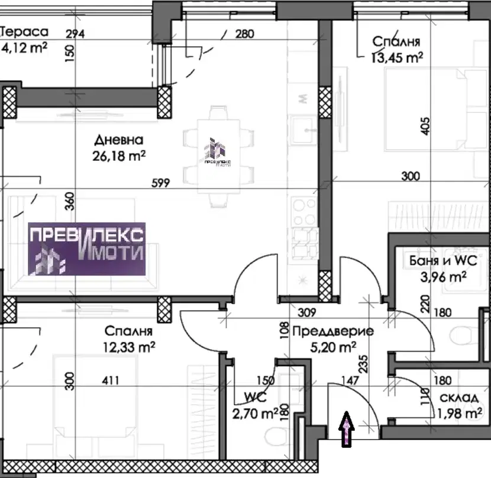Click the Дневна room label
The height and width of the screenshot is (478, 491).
pyautogui.click(x=119, y=140)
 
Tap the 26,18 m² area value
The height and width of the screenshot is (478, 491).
pyautogui.click(x=119, y=156)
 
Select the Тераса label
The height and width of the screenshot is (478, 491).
pyautogui.click(x=24, y=31)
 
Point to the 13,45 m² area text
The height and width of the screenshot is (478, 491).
pyautogui.click(x=397, y=57)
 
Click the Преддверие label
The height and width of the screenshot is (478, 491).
pyautogui.click(x=333, y=331)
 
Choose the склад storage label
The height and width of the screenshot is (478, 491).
pyautogui.click(x=459, y=398)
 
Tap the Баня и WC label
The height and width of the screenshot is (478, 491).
pyautogui.click(x=443, y=261)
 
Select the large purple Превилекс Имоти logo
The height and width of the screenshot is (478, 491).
pyautogui.click(x=87, y=249)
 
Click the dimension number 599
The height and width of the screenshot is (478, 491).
pyautogui.click(x=161, y=183)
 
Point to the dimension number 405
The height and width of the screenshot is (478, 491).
pyautogui.click(x=425, y=126)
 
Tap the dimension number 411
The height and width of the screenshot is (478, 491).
pyautogui.click(x=111, y=380)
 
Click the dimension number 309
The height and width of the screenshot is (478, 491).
pyautogui.click(x=307, y=312)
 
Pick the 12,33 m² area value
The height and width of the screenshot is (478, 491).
pyautogui.click(x=129, y=347)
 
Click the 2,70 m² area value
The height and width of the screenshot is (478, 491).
pyautogui.click(x=255, y=414)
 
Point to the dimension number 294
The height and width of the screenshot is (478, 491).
pyautogui.click(x=75, y=34)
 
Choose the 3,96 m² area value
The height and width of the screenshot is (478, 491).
pyautogui.click(x=444, y=277)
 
